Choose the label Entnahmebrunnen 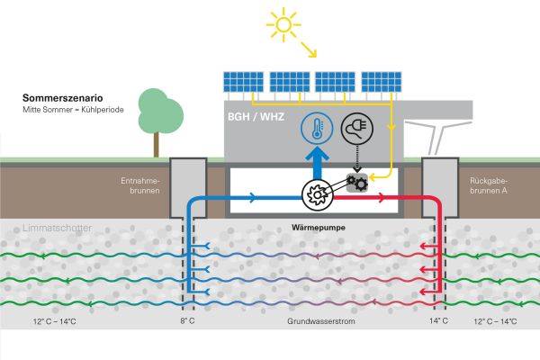click(139, 184)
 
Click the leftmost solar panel click(240, 84)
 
